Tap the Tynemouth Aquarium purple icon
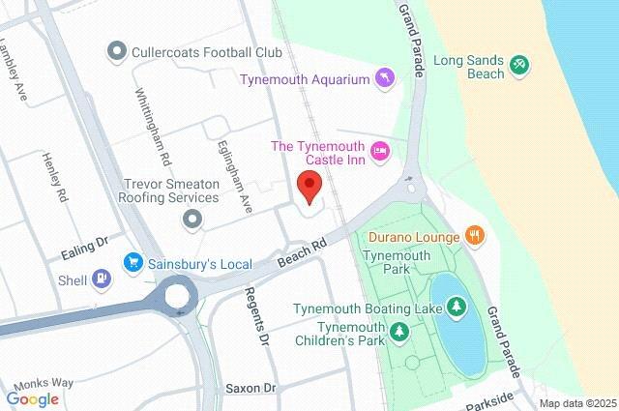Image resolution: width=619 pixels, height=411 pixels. point(385,78)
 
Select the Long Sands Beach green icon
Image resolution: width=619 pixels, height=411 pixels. point(520,64)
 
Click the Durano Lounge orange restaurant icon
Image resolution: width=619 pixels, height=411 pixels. point(474,234)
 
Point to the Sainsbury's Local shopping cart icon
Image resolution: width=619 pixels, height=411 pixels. point(133,263)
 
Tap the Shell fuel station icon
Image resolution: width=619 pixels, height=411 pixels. point(102,279)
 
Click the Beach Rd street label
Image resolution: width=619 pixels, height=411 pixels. point(299,253)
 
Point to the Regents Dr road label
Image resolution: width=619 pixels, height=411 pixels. point(256,316)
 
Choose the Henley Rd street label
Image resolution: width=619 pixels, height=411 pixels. point(54,177)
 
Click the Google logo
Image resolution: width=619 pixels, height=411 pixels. point(32,398)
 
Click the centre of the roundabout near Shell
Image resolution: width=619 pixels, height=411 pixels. point(177,296)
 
